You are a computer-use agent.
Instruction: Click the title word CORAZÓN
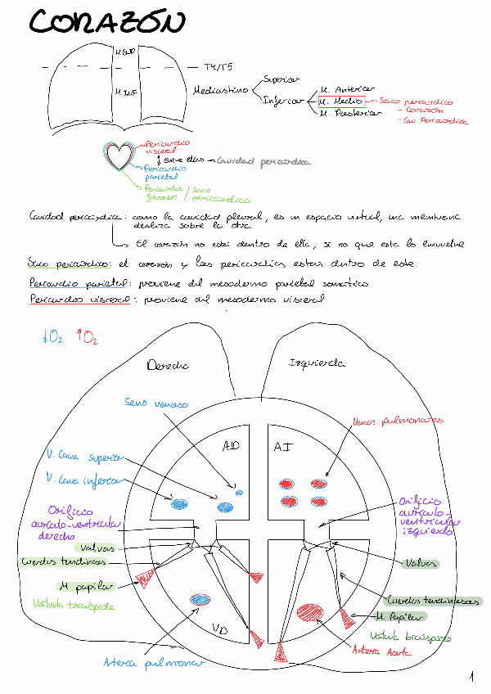pyautogui.click(x=107, y=24)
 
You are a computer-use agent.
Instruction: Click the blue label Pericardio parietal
pyautogui.click(x=168, y=173)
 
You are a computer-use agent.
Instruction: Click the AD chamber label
pyautogui.click(x=232, y=446)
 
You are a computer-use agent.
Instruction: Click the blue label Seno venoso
pyautogui.click(x=156, y=403)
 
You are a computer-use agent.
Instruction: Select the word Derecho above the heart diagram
pyautogui.click(x=167, y=366)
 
